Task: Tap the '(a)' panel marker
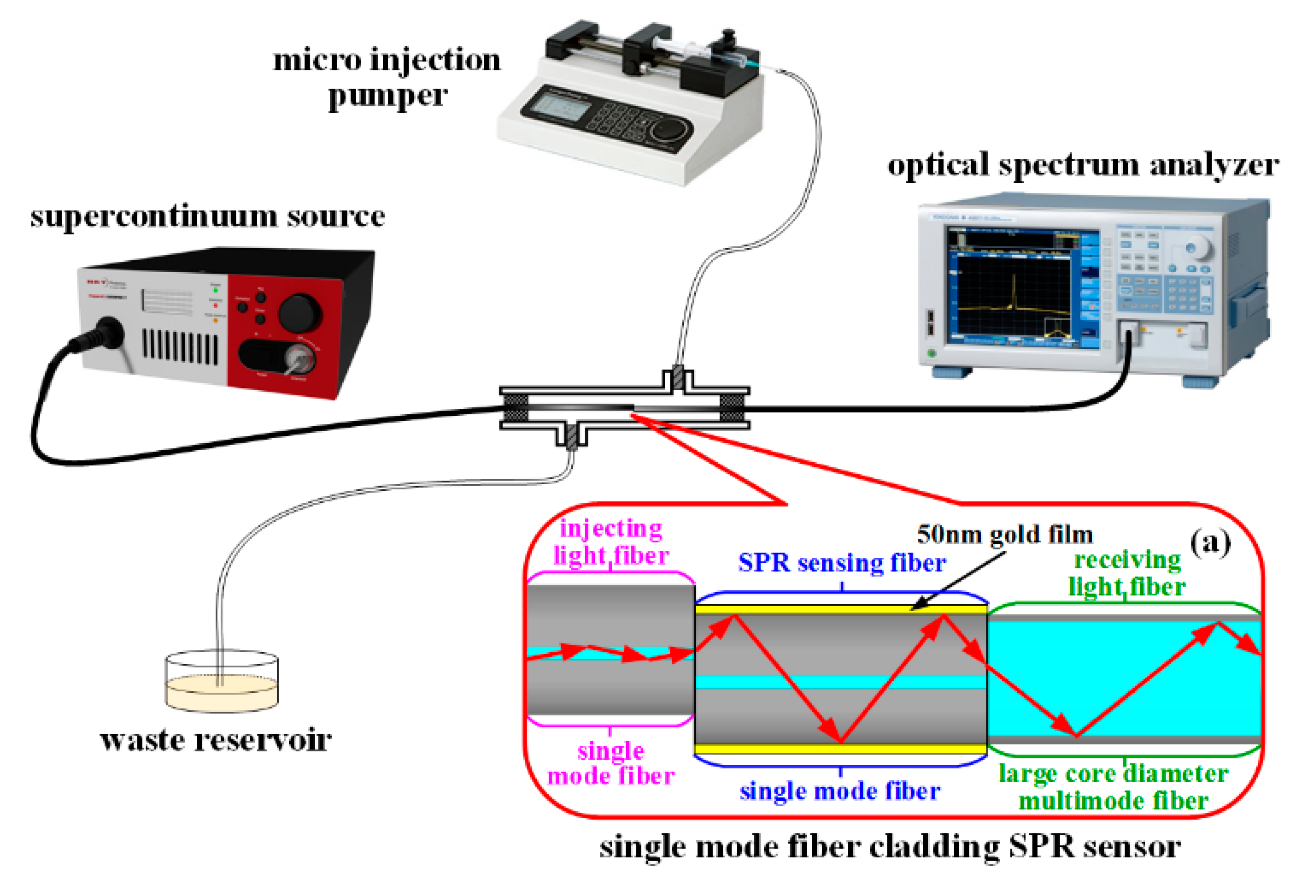coord(1211,542)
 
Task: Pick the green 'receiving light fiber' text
coord(1127,574)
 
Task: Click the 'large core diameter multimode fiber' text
coord(1113,787)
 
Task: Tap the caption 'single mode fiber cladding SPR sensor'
coord(889,847)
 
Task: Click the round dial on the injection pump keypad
coord(669,130)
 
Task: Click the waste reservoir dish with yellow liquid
coord(222,688)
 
